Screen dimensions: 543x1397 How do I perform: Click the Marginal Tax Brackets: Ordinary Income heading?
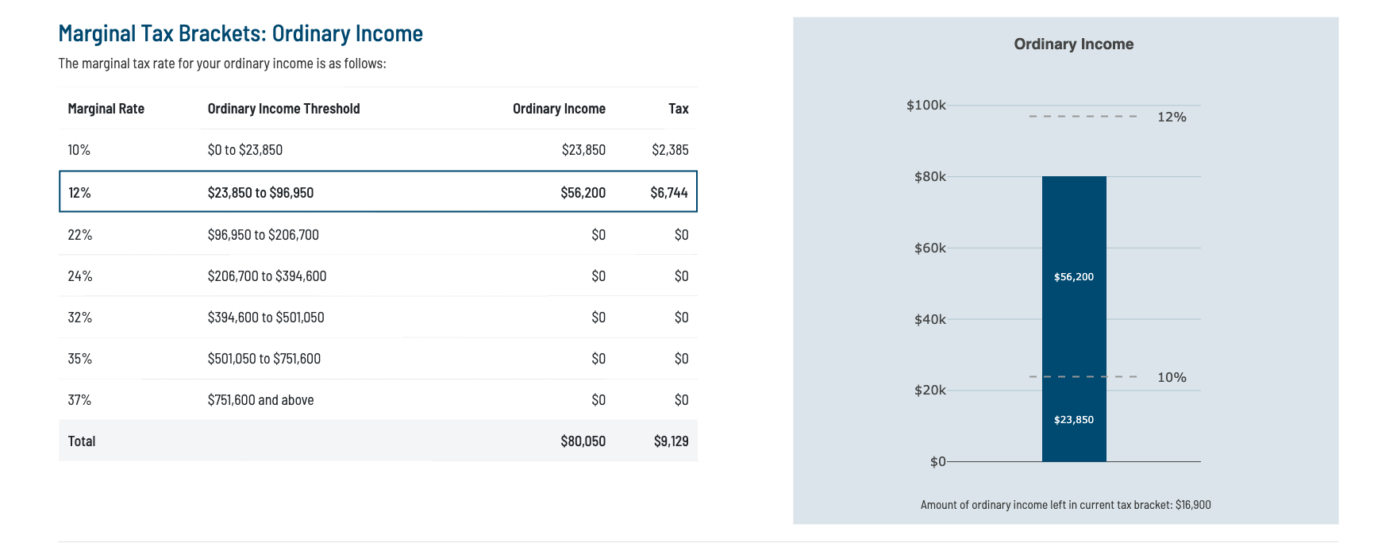pos(241,33)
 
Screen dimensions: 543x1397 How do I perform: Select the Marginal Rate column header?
pos(106,109)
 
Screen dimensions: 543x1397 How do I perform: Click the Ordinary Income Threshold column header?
pos(283,109)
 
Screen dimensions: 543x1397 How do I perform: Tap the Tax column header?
pos(678,109)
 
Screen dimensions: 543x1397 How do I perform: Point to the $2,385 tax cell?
pos(670,150)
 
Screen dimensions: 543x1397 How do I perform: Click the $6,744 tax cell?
pos(668,193)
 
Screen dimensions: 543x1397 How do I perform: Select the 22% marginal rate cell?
pos(80,235)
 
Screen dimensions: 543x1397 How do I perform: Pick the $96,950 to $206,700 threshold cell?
pos(263,235)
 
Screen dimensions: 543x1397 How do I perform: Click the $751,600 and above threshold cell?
pos(260,400)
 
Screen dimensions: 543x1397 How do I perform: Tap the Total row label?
pos(82,441)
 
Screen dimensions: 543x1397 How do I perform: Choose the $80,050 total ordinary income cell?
pos(583,441)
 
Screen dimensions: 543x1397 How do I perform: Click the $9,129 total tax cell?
pos(671,441)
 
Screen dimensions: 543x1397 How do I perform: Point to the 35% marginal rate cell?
pos(80,359)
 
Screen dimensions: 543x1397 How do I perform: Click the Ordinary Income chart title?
pos(1073,44)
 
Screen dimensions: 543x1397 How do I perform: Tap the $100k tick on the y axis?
pos(926,106)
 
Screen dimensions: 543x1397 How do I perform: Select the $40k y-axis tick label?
pos(929,320)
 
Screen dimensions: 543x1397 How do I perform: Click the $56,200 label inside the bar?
pos(1073,277)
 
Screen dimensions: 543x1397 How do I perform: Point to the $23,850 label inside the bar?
pos(1073,420)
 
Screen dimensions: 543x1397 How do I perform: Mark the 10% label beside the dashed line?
pos(1172,378)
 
